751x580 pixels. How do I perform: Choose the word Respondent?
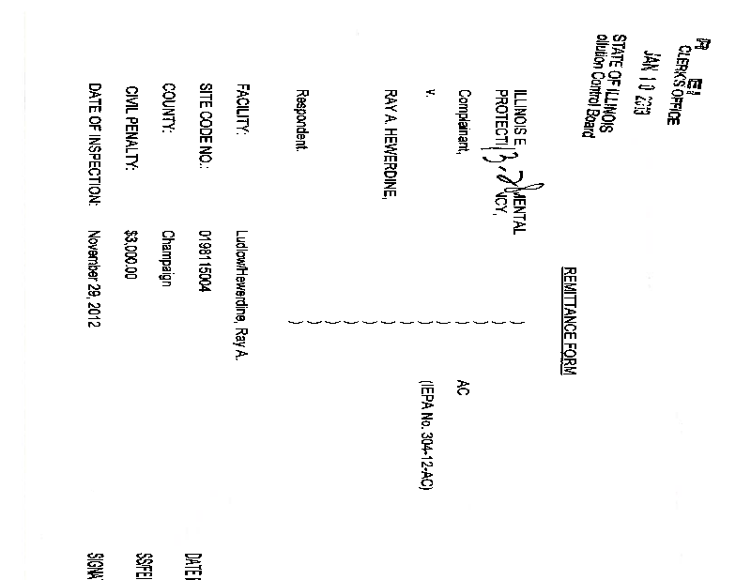tap(301, 121)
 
